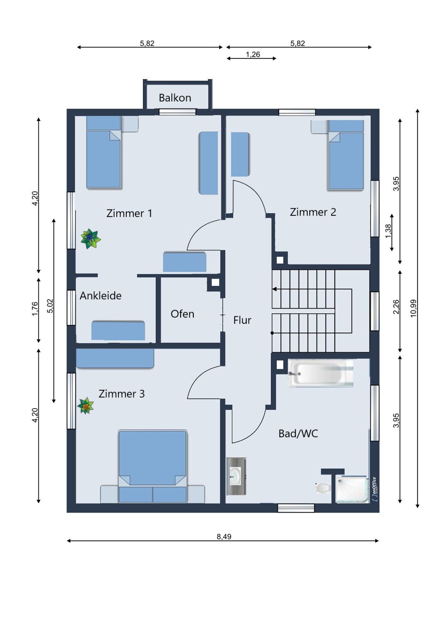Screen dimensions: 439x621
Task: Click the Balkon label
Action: pyautogui.click(x=175, y=98)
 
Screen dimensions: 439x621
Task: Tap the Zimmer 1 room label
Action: pyautogui.click(x=129, y=213)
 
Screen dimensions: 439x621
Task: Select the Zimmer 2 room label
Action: pyautogui.click(x=313, y=212)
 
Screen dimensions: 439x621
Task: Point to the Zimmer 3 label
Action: pyautogui.click(x=121, y=394)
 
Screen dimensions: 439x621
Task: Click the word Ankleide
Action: pyautogui.click(x=100, y=296)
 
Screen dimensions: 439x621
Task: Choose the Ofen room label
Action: pyautogui.click(x=182, y=314)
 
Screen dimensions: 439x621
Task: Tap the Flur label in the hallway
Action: pyautogui.click(x=242, y=320)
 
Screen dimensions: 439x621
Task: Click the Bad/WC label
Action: pyautogui.click(x=298, y=433)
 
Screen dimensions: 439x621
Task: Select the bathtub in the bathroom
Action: pyautogui.click(x=321, y=373)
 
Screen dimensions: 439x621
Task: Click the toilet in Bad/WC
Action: pyautogui.click(x=323, y=488)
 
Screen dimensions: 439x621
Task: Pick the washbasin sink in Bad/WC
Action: pyautogui.click(x=236, y=477)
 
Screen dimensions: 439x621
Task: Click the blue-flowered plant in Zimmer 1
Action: pyautogui.click(x=90, y=238)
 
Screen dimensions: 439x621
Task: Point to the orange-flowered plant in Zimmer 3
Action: pyautogui.click(x=85, y=406)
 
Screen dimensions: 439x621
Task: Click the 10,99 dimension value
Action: pyautogui.click(x=413, y=308)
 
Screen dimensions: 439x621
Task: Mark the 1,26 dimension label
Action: pyautogui.click(x=253, y=55)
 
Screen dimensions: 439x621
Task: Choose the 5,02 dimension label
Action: pyautogui.click(x=50, y=306)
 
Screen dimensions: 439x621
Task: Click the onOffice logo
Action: pyautogui.click(x=375, y=489)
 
